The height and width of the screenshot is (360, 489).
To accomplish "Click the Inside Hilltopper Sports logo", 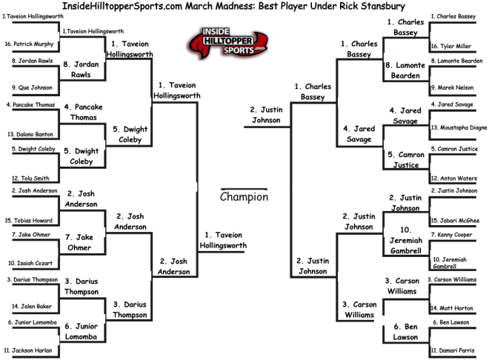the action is (x=227, y=42).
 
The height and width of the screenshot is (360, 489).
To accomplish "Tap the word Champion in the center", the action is (x=244, y=197).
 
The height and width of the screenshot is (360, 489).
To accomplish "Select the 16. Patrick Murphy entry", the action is (x=29, y=44).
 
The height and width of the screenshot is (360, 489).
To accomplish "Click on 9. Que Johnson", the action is (x=32, y=87).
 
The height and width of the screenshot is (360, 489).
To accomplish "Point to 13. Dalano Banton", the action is (x=30, y=134).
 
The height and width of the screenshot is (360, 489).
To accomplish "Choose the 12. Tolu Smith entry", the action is (x=30, y=179).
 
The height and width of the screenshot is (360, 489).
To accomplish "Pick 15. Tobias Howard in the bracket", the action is (x=29, y=221).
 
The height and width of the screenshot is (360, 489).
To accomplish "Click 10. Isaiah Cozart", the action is (x=30, y=264).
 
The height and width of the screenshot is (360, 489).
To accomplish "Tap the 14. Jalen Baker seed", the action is (x=32, y=307).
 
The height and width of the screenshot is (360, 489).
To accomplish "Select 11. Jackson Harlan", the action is (x=28, y=350).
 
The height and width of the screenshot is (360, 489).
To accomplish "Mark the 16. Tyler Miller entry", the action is (x=451, y=46).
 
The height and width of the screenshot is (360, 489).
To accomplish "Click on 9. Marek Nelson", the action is (x=453, y=87).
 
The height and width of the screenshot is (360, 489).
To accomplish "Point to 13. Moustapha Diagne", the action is (x=459, y=127).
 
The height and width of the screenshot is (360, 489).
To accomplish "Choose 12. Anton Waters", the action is (x=454, y=179).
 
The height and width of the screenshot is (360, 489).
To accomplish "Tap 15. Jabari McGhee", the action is (x=456, y=221).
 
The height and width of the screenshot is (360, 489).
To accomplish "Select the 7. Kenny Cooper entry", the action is (x=451, y=235).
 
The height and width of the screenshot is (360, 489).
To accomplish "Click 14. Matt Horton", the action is (x=452, y=308).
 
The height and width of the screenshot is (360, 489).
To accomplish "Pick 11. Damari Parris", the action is (x=453, y=350).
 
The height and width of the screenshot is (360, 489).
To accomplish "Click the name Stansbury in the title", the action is (x=383, y=6).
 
